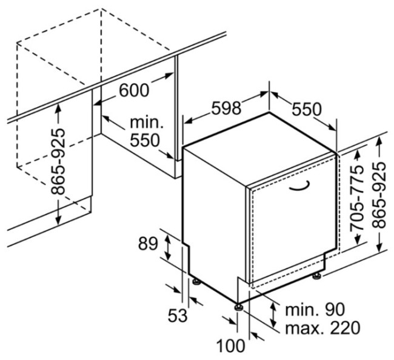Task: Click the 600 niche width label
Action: pyautogui.click(x=134, y=90)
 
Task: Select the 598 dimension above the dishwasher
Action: pyautogui.click(x=226, y=108)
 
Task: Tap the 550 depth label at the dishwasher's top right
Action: pyautogui.click(x=306, y=109)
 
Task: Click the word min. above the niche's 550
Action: pyautogui.click(x=147, y=122)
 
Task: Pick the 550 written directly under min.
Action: pyautogui.click(x=145, y=140)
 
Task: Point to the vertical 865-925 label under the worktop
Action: pyautogui.click(x=58, y=161)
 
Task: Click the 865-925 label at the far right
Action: pyautogui.click(x=379, y=195)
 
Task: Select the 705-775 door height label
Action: pyautogui.click(x=357, y=198)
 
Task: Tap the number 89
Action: pyautogui.click(x=148, y=244)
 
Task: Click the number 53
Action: pyautogui.click(x=178, y=316)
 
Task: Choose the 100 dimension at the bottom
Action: pyautogui.click(x=230, y=345)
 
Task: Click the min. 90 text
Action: pyautogui.click(x=315, y=310)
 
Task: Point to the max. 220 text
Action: pyautogui.click(x=322, y=327)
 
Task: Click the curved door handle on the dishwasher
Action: pyautogui.click(x=299, y=187)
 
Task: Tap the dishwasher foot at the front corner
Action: pyautogui.click(x=238, y=307)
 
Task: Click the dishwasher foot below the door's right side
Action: pyautogui.click(x=316, y=275)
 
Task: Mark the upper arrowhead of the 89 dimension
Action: pyautogui.click(x=168, y=238)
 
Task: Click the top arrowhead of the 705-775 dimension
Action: pyautogui.click(x=357, y=156)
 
